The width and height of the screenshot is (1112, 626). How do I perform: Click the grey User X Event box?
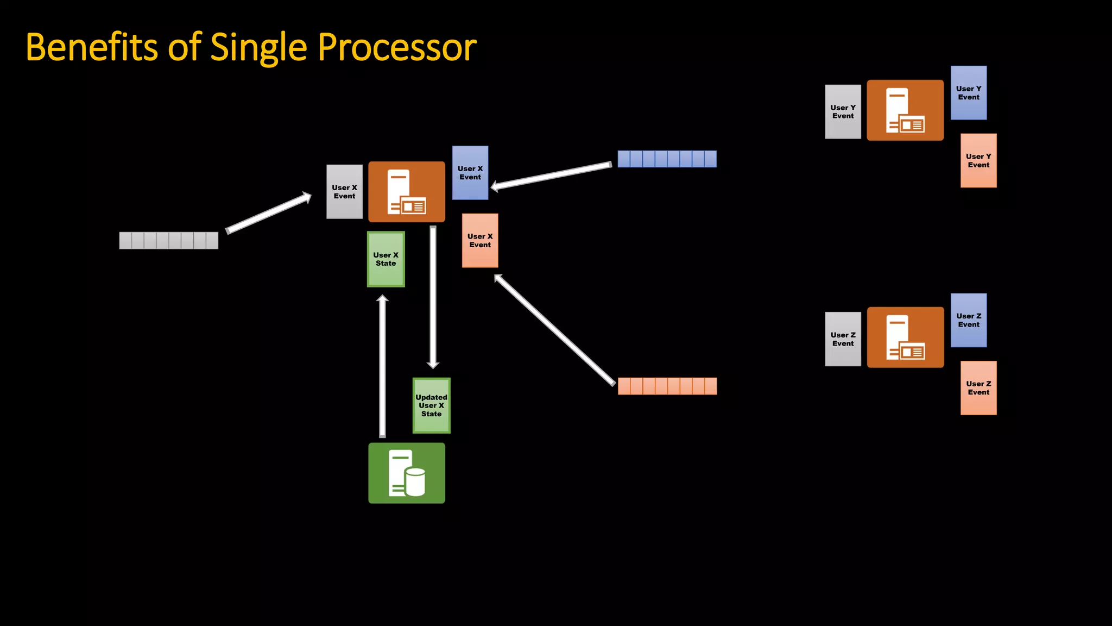pyautogui.click(x=344, y=192)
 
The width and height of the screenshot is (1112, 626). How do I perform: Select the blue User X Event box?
pyautogui.click(x=470, y=173)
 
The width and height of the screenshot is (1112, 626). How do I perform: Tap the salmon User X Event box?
pyautogui.click(x=479, y=240)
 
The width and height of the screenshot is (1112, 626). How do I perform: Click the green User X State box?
pyautogui.click(x=386, y=259)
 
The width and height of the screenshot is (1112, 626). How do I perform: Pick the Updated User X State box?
pyautogui.click(x=431, y=405)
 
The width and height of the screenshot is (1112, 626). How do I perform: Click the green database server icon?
pyautogui.click(x=407, y=473)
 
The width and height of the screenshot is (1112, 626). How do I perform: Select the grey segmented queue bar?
pyautogui.click(x=168, y=240)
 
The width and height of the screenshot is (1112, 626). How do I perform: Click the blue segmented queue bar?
pyautogui.click(x=667, y=159)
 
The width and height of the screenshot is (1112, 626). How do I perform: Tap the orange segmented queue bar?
pyautogui.click(x=667, y=386)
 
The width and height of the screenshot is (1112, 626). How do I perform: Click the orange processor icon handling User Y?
pyautogui.click(x=905, y=110)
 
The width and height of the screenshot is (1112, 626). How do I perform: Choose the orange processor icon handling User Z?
pyautogui.click(x=905, y=337)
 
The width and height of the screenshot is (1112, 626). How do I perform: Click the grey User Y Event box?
pyautogui.click(x=843, y=111)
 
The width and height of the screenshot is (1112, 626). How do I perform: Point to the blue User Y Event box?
pyautogui.click(x=968, y=93)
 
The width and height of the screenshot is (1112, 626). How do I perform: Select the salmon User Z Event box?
pyautogui.click(x=978, y=388)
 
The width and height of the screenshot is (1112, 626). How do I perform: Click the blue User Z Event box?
pyautogui.click(x=968, y=320)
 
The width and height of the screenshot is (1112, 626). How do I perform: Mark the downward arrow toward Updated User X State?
pyautogui.click(x=433, y=296)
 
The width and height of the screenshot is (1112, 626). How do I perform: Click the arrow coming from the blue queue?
pyautogui.click(x=551, y=176)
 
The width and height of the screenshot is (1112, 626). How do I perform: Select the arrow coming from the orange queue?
pyautogui.click(x=554, y=329)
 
